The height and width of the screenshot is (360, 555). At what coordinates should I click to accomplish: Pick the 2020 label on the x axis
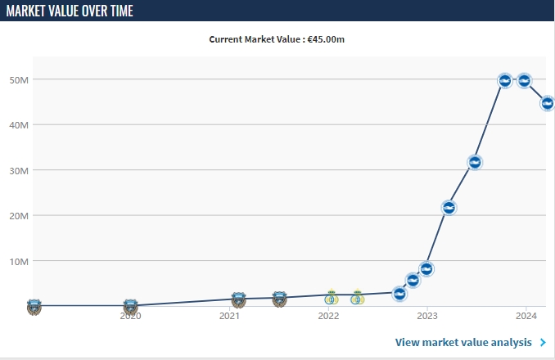(x=130, y=316)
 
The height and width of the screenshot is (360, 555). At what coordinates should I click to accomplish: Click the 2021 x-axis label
(x=229, y=316)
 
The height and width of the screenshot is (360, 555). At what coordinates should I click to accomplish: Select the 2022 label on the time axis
(x=328, y=316)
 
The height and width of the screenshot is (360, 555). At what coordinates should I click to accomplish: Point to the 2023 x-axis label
(x=427, y=316)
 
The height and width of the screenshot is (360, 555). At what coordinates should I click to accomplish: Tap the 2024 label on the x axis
(x=526, y=316)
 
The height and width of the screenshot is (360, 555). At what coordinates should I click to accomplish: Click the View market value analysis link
(x=463, y=342)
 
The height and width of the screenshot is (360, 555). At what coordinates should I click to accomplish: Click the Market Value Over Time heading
(x=70, y=11)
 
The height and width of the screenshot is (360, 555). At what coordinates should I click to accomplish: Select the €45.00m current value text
(x=331, y=39)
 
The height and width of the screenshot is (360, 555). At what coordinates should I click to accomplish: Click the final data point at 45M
(x=548, y=103)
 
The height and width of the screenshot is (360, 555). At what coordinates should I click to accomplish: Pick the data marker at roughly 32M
(x=474, y=162)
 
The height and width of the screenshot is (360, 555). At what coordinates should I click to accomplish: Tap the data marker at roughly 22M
(x=449, y=208)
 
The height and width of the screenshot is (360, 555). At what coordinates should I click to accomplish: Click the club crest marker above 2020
(x=130, y=306)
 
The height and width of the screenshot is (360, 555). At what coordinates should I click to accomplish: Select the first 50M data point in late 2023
(x=505, y=80)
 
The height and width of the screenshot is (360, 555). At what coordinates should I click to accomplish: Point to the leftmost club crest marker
(x=34, y=307)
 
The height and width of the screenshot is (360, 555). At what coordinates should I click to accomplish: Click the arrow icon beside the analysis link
(x=543, y=342)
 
